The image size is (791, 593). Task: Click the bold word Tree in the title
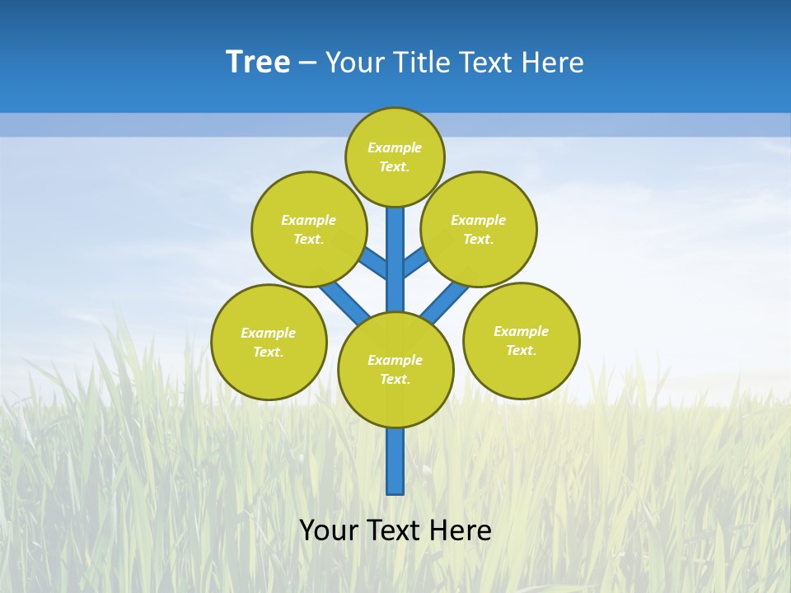click(x=258, y=62)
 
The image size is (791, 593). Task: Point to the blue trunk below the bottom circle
click(x=395, y=461)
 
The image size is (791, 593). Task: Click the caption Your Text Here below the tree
click(x=395, y=530)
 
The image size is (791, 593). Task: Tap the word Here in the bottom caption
click(x=463, y=530)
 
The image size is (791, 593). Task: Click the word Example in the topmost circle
click(x=395, y=147)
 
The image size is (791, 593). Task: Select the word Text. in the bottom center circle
click(x=395, y=380)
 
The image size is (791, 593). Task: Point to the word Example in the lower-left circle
click(x=269, y=333)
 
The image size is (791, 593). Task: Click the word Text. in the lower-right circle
click(x=522, y=350)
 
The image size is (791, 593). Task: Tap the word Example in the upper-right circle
click(x=479, y=220)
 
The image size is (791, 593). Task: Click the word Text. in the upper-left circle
click(x=309, y=239)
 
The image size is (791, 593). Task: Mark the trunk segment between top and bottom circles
click(x=395, y=264)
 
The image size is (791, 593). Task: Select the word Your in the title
click(x=354, y=63)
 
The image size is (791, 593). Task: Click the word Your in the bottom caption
click(x=328, y=530)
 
